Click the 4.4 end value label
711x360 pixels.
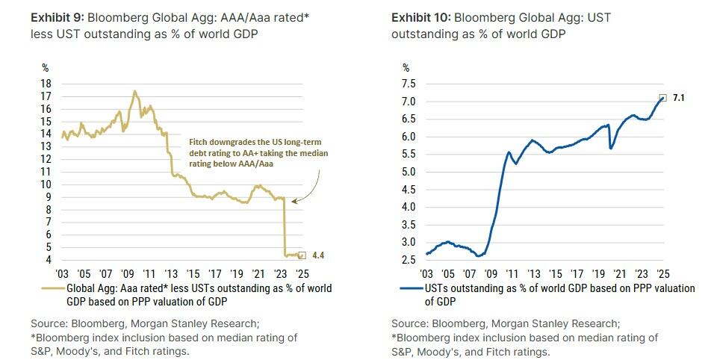tap(317, 255)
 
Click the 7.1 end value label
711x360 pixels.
tap(678, 97)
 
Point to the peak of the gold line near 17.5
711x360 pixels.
tap(134, 91)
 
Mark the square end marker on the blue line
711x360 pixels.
tap(662, 98)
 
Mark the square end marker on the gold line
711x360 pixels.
tap(302, 255)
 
